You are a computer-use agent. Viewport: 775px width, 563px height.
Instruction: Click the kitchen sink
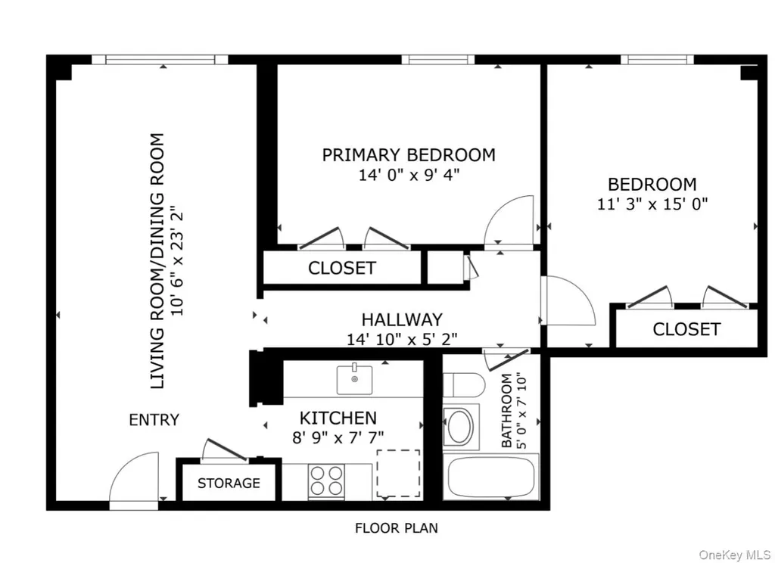(354, 379)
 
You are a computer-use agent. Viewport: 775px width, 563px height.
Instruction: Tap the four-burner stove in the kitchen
(326, 481)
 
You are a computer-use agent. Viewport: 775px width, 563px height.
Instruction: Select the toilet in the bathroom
(464, 384)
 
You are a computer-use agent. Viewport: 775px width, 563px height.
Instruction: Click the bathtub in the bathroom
(490, 477)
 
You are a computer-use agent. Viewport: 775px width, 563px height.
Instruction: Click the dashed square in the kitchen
(398, 473)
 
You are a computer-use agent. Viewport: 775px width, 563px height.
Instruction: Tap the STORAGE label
(229, 483)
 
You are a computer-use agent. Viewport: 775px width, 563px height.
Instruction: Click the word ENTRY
(154, 420)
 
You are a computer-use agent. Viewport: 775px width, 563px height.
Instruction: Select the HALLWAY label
(402, 320)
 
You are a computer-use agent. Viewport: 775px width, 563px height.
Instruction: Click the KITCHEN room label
(338, 418)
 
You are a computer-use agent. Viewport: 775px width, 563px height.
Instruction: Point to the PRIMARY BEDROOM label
(409, 155)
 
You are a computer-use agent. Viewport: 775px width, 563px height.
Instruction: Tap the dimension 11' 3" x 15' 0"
(652, 204)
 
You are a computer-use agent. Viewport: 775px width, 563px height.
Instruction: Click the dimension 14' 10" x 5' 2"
(402, 339)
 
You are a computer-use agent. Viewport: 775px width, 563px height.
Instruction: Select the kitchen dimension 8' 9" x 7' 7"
(338, 437)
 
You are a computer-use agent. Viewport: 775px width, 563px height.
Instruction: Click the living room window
(160, 60)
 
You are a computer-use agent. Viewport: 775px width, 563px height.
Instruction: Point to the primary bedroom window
(438, 60)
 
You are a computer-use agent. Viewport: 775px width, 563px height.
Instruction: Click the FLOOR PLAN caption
(397, 528)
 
